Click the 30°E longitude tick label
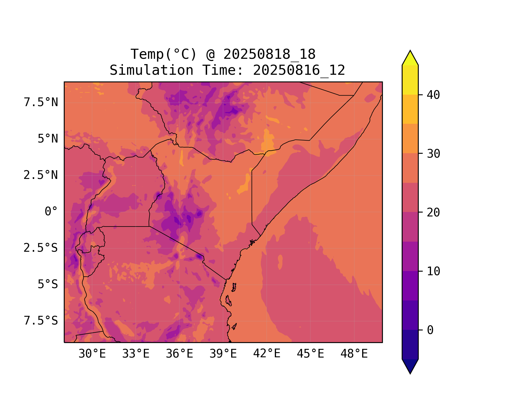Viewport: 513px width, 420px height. click(92, 354)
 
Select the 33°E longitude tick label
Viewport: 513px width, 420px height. click(136, 354)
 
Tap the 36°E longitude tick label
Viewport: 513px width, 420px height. click(179, 354)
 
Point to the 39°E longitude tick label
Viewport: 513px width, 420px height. click(223, 354)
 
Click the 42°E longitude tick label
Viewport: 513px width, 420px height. click(267, 354)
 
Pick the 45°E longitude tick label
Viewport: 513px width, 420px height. click(310, 354)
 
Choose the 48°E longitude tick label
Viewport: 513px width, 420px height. click(354, 354)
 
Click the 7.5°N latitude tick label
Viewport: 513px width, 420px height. click(41, 102)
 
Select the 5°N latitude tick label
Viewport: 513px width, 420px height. click(48, 139)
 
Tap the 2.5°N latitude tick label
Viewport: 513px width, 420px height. click(41, 175)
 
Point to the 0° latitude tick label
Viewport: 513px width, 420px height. click(51, 212)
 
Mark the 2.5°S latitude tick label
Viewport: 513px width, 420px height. click(41, 248)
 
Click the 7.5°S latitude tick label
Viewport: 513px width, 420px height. click(41, 321)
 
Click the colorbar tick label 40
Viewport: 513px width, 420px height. click(434, 95)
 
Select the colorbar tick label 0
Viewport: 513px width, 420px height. click(430, 330)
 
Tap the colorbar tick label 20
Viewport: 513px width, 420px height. click(434, 213)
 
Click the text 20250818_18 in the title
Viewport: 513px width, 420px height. click(270, 54)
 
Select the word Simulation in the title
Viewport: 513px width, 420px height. click(151, 70)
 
